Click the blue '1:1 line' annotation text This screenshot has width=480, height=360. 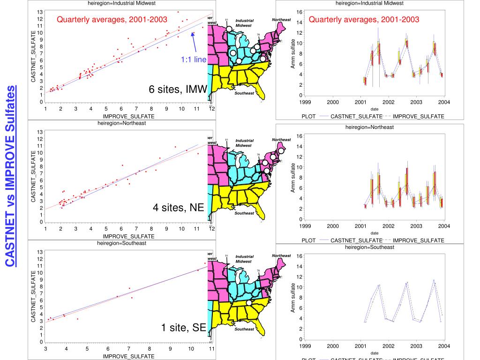pos(191,59)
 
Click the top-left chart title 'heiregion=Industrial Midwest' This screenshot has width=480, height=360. pos(121,3)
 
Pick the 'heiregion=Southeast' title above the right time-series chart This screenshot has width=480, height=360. pos(369,247)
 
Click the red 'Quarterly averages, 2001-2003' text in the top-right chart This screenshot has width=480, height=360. pos(364,20)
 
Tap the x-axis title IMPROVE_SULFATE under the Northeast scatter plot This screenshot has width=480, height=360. pos(128,236)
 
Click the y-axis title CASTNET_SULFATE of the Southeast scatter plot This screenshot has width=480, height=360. pos(33,296)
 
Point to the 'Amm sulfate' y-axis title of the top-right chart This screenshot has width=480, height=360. pos(293,54)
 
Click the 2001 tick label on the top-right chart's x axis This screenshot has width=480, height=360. pos(360,102)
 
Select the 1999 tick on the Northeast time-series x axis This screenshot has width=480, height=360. pos(305,226)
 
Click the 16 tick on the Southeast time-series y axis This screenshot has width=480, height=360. pos(298,256)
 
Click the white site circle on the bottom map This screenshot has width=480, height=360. pos(249,303)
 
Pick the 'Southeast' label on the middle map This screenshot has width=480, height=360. pos(244,213)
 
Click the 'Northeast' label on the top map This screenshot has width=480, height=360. pos(281,20)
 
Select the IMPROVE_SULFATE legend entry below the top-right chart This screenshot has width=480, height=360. pos(418,116)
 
